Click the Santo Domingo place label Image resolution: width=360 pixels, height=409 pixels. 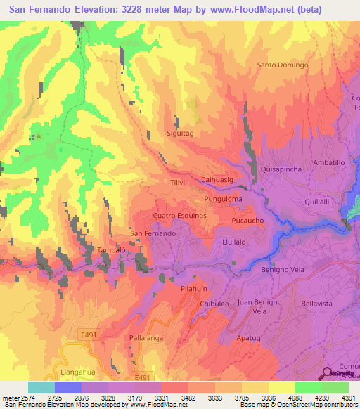coord(283,65)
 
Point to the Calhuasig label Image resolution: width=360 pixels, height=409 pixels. coord(217,180)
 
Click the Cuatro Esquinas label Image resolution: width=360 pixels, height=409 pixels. coord(179,216)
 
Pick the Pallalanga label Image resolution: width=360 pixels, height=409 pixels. coord(146,338)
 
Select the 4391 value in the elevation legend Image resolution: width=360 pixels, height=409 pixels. coord(349,398)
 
